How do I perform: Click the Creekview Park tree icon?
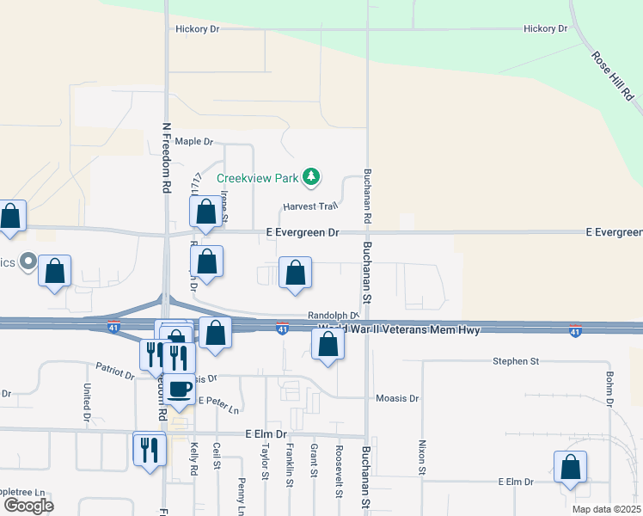(x=311, y=178)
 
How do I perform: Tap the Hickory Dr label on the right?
(x=546, y=28)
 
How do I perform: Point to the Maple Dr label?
(x=193, y=141)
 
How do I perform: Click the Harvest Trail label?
(x=312, y=206)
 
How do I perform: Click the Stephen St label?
(x=516, y=361)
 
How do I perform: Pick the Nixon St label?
(x=422, y=458)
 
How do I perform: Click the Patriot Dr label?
(x=115, y=371)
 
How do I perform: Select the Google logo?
(x=28, y=505)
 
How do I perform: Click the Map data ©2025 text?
(x=605, y=509)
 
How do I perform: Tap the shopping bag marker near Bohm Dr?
(x=570, y=468)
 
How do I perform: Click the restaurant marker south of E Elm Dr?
(x=149, y=448)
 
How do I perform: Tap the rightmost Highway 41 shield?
(x=574, y=331)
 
